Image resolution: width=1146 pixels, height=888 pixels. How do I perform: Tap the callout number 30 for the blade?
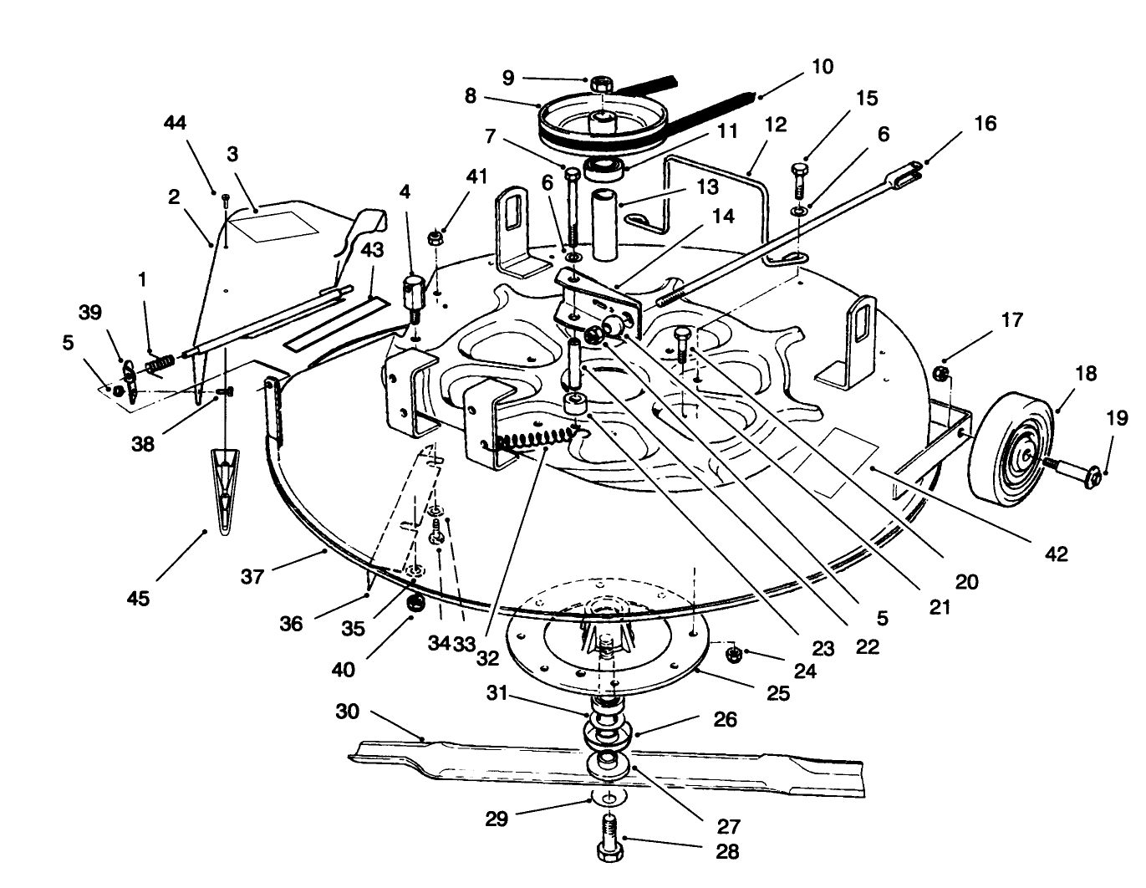pos(347,712)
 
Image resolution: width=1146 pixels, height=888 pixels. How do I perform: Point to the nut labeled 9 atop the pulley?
pos(602,84)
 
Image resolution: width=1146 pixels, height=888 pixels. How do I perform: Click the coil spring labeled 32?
pos(536,437)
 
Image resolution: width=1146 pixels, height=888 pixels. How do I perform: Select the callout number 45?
pos(138,598)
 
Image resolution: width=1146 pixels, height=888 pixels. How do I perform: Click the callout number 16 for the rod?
pos(986,123)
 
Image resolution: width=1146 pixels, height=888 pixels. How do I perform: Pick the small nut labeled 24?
pos(732,653)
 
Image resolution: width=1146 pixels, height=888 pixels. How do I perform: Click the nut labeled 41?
pos(435,238)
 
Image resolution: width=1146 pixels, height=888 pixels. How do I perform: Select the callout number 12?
pos(775,125)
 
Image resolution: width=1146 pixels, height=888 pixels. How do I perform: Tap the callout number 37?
pos(253,576)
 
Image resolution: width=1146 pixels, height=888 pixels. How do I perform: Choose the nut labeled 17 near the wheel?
pos(940,373)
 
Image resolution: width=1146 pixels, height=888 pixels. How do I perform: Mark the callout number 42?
pos(1057,554)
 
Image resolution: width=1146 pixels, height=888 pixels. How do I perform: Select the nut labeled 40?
pos(413,602)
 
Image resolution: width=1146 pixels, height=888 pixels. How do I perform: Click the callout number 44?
pos(175,123)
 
